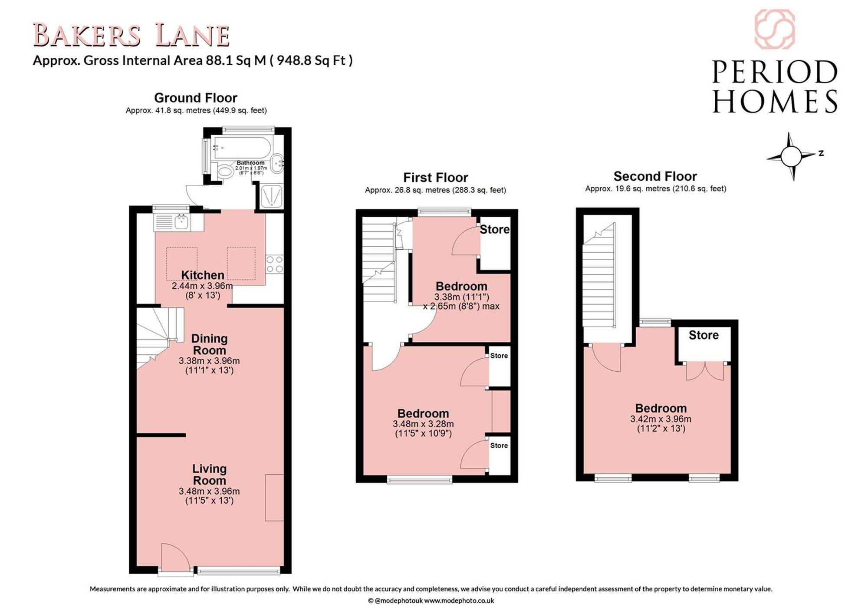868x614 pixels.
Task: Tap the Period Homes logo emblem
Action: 775,29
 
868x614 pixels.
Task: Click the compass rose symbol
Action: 791,156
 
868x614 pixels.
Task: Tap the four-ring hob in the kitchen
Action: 275,264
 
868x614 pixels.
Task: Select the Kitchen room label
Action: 203,275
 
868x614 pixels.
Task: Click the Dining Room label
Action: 209,344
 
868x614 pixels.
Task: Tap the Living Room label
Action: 209,475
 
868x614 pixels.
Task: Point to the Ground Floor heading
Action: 196,98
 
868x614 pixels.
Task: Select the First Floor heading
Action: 436,177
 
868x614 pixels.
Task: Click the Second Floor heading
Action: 655,176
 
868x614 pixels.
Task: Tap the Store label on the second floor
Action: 704,335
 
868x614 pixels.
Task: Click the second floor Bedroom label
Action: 661,408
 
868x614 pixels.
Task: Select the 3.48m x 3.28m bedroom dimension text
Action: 423,424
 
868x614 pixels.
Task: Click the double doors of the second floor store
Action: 705,371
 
